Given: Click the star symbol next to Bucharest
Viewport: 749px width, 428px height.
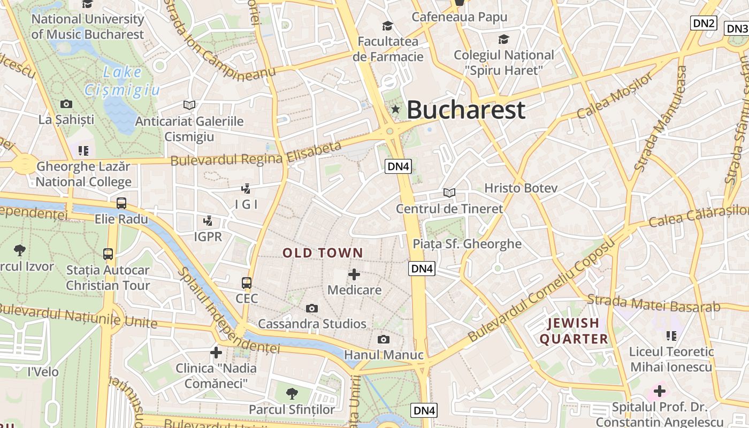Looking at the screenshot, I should coord(395,110).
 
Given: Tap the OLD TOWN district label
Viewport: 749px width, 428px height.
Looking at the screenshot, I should coord(323,253).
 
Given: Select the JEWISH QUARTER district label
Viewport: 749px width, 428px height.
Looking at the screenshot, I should coord(574,331).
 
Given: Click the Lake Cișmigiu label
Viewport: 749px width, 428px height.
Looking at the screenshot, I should coord(123,81).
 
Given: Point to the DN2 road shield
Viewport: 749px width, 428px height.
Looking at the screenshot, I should coord(704,23).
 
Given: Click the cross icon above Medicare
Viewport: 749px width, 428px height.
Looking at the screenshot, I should coord(354,274).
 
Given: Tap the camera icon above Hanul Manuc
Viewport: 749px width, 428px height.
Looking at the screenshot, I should coord(383,339).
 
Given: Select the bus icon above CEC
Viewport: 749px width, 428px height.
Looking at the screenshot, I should coord(246,282).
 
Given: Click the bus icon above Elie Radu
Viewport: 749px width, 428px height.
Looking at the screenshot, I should coord(121,203).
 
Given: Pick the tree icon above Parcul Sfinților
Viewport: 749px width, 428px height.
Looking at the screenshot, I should coord(292,394).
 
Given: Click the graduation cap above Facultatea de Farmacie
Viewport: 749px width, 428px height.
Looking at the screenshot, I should coord(387,26).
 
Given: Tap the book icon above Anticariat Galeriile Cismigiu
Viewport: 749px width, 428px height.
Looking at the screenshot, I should coord(189,105).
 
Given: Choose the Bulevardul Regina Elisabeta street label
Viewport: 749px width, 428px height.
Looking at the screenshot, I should coord(256,154).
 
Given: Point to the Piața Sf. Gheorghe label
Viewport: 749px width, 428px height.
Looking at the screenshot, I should coord(467,244).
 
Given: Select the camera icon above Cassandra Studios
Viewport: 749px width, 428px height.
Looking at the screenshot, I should coord(311,308).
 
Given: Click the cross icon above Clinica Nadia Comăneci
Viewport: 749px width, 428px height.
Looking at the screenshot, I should coord(216,353).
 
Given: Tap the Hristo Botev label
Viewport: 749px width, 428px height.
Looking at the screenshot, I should coord(521,188).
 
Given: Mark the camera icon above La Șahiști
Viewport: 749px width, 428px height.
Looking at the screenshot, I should coord(66,104).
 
